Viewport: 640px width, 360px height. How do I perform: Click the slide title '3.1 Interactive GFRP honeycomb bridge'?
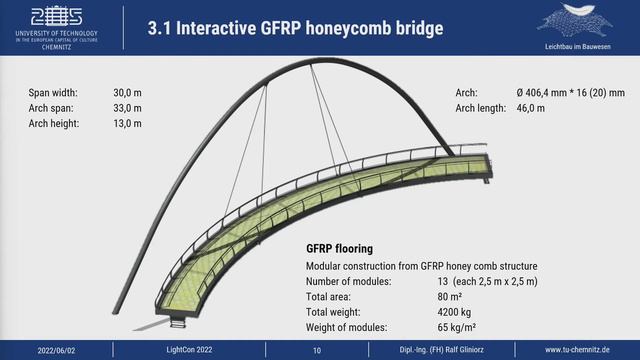[295, 28]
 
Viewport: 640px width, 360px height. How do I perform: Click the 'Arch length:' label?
[480, 108]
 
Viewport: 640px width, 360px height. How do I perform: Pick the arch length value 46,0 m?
[537, 108]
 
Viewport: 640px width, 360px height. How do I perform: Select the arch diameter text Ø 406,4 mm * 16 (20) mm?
[571, 92]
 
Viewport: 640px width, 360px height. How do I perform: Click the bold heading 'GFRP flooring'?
[339, 249]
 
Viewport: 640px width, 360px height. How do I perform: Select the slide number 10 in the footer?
[317, 351]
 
